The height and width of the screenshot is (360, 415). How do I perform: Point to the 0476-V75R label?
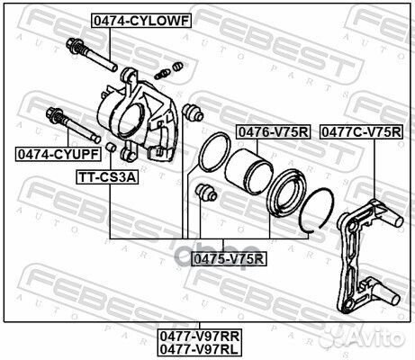click(x=273, y=131)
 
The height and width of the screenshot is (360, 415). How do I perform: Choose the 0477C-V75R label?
click(x=361, y=131)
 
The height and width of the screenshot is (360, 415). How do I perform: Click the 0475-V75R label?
click(x=230, y=259)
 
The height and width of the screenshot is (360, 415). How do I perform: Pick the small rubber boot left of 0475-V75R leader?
click(x=205, y=192)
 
